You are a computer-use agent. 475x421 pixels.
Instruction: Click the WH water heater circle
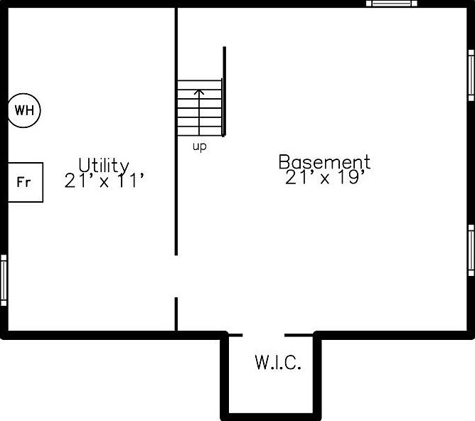(x=24, y=110)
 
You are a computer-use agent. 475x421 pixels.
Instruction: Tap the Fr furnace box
(x=25, y=182)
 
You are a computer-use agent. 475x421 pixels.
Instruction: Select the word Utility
(x=104, y=166)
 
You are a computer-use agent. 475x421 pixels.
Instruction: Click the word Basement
(x=324, y=162)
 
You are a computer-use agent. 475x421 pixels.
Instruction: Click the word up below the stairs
(x=200, y=147)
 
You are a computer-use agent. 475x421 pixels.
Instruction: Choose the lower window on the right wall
(x=471, y=250)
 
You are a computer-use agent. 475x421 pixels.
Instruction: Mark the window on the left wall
(x=4, y=280)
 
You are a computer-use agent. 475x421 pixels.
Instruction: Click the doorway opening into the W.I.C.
(x=263, y=334)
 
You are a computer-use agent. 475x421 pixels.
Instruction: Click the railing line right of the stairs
(x=225, y=91)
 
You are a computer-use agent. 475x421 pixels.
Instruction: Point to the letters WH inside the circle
(x=24, y=110)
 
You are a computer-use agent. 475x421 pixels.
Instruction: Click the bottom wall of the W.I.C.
(x=271, y=415)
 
